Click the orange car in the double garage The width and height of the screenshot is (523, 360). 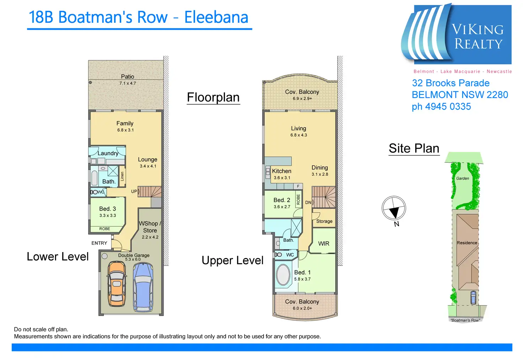(116, 284)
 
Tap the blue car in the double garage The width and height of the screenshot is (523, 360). (143, 286)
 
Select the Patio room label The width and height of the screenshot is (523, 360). (128, 77)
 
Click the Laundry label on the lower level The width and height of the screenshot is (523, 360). (108, 153)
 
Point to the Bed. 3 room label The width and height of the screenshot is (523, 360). (107, 209)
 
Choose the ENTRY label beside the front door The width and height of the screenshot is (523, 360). (99, 243)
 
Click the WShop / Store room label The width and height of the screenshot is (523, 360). (150, 227)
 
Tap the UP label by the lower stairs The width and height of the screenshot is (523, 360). (134, 191)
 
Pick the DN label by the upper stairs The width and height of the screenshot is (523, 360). (308, 203)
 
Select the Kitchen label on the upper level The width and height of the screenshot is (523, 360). (282, 171)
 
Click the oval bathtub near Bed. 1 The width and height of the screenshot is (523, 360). (283, 274)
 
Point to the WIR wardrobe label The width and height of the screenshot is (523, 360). (324, 244)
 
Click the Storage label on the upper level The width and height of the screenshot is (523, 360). (324, 221)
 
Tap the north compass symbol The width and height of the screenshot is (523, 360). (394, 208)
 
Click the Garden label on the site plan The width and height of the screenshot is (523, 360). (463, 179)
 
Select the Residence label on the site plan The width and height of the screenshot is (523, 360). (467, 243)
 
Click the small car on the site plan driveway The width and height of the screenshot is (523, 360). (473, 298)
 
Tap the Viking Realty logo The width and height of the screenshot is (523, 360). (457, 35)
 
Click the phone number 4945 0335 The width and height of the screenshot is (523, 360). (448, 107)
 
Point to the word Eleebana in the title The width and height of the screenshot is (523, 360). (216, 17)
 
